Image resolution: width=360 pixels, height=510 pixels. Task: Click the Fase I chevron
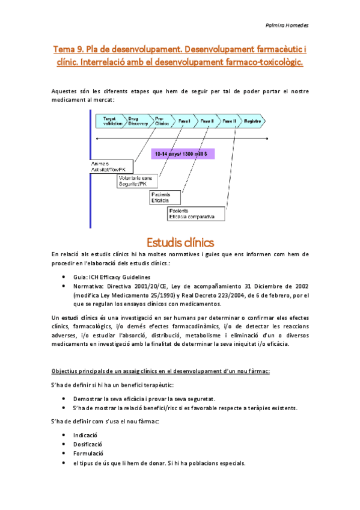click(185, 121)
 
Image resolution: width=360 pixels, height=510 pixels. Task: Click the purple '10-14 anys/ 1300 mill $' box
click(181, 154)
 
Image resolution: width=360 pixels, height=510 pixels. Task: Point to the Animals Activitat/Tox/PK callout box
click(108, 167)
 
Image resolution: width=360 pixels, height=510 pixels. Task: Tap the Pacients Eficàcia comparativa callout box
click(196, 214)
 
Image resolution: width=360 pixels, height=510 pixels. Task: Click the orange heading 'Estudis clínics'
click(180, 243)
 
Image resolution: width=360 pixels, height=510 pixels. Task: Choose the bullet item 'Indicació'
click(85, 434)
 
